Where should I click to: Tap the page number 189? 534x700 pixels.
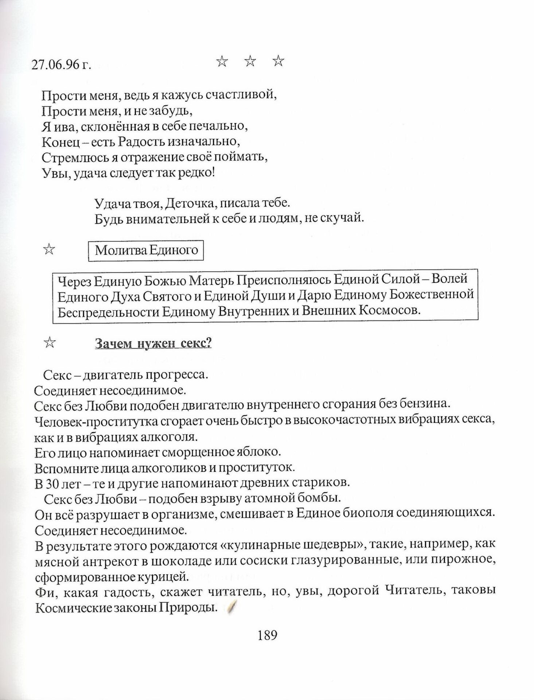[x=268, y=636]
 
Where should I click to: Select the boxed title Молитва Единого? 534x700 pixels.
[x=146, y=250]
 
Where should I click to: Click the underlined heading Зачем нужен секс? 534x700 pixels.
[x=153, y=343]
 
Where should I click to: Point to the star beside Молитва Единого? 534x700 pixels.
[x=49, y=250]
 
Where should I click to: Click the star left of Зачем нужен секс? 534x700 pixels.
[x=49, y=343]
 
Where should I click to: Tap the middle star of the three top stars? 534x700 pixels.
[x=250, y=62]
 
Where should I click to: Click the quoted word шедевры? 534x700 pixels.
[x=334, y=546]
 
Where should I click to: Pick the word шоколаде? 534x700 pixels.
[x=182, y=561]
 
